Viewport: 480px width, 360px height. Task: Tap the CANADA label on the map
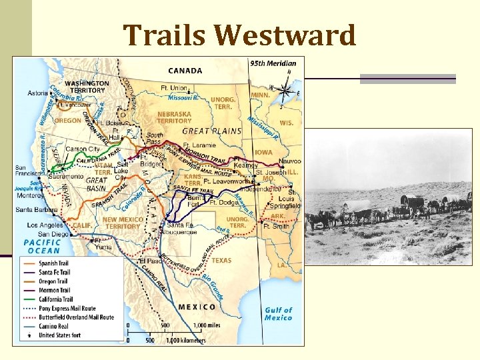click(x=186, y=70)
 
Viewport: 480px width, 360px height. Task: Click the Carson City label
click(x=82, y=149)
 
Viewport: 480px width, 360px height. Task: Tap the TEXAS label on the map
click(x=221, y=261)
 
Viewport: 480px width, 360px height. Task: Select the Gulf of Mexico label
click(x=278, y=313)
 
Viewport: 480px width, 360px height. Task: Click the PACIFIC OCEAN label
click(x=42, y=246)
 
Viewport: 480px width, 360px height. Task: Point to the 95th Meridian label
click(x=273, y=64)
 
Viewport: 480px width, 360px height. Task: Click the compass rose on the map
click(x=285, y=90)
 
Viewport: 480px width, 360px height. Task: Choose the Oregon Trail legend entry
click(x=55, y=281)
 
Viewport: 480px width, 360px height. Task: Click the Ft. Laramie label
click(x=200, y=145)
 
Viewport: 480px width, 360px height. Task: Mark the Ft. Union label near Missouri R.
click(x=174, y=88)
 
